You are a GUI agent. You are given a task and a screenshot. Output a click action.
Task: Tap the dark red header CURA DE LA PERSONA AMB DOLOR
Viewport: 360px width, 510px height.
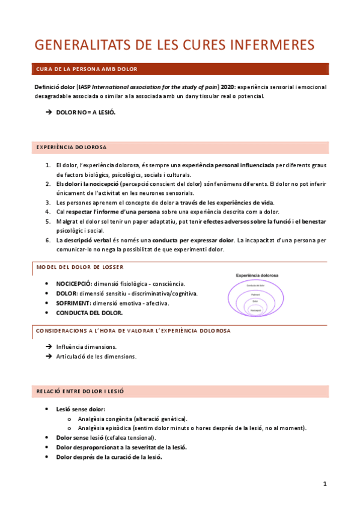[87, 69]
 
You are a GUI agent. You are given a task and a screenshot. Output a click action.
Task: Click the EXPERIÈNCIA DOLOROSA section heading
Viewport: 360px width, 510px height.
[72, 147]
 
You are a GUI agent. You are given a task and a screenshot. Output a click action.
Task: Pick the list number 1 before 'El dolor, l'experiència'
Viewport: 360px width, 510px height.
[48, 165]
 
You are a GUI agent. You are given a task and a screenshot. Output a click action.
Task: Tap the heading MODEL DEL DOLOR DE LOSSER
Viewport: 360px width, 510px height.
[81, 266]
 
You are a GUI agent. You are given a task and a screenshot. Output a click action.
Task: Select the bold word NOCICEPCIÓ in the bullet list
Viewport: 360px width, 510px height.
[73, 283]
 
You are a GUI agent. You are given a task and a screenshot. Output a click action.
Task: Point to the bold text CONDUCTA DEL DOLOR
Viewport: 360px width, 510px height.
[89, 313]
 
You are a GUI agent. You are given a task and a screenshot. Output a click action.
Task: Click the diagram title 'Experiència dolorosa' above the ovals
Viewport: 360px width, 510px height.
[261, 275]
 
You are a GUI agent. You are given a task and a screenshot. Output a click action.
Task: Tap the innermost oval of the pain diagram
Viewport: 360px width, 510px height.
[255, 310]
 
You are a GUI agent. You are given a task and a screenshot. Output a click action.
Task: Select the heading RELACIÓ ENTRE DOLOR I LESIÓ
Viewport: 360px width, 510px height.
[80, 392]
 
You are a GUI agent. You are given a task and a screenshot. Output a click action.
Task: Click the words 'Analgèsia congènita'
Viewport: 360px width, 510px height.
[104, 419]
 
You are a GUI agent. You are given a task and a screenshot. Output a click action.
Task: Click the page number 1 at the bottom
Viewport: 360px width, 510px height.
[325, 484]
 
